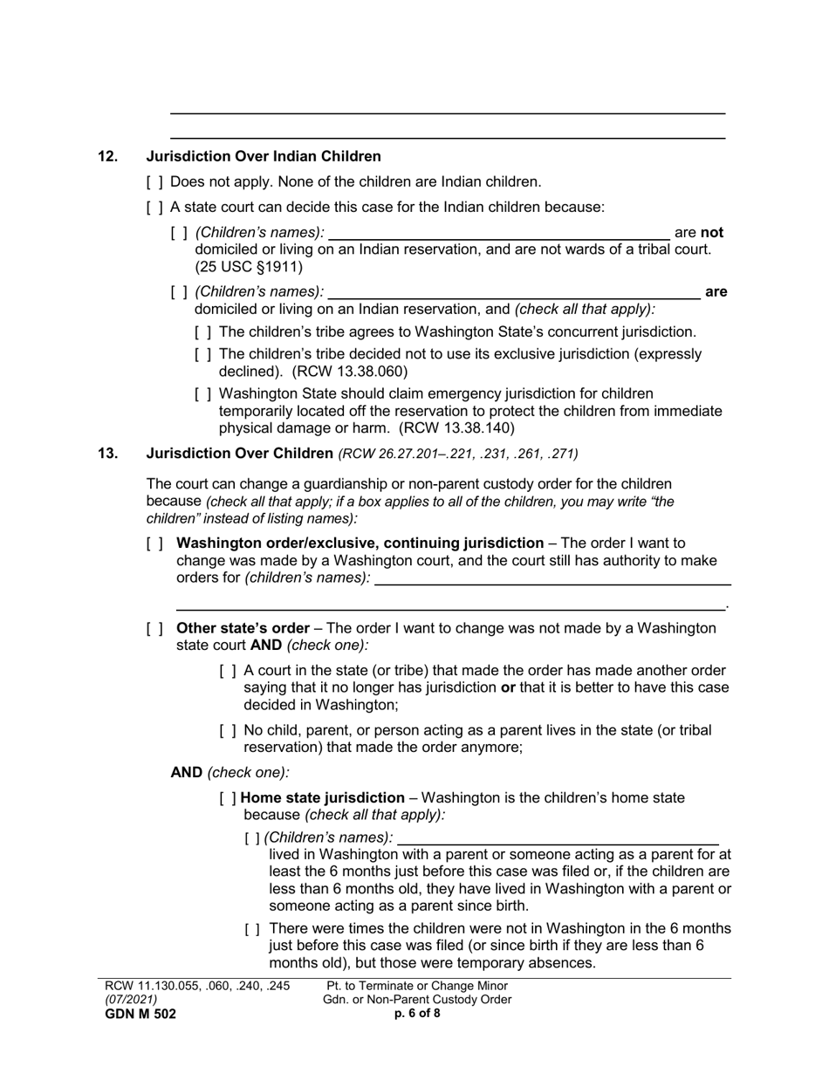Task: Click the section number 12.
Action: coord(107,157)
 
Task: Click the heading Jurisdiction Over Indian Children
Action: coord(264,157)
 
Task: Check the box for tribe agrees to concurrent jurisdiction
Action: coord(203,332)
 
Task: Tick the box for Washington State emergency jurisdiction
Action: coord(203,394)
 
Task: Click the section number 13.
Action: coord(107,454)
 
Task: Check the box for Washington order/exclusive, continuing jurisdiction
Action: coord(154,543)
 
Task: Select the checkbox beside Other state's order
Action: coord(154,629)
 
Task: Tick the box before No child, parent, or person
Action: coord(228,731)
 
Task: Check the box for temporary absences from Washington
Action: coord(253,929)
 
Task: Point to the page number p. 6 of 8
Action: coord(417,1014)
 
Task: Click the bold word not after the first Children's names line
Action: coord(712,233)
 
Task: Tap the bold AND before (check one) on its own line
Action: coord(186,772)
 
